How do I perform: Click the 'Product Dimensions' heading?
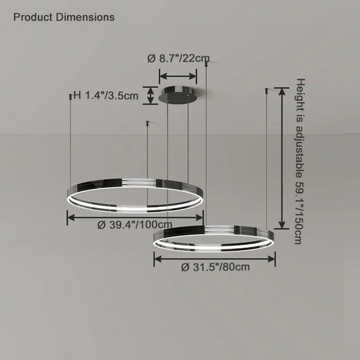point(64,17)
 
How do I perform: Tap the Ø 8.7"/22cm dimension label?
point(179,58)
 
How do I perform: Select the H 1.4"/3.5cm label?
point(106,96)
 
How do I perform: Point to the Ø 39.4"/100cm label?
point(135,225)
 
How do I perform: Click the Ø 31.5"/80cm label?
point(215,267)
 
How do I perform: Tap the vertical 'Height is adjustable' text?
point(300,161)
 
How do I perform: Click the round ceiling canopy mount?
point(177,94)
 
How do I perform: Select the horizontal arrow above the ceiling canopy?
point(178,76)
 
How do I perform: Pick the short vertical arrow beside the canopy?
point(151,96)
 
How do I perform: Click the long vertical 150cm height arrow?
point(281,158)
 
